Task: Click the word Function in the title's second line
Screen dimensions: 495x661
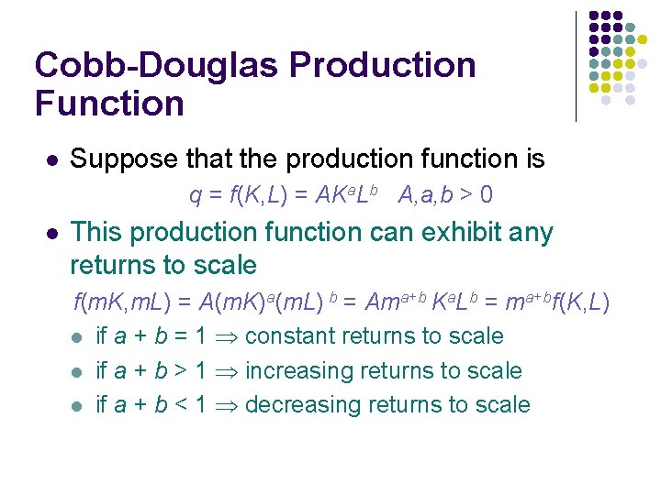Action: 109,103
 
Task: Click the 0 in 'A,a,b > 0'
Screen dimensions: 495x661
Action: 486,195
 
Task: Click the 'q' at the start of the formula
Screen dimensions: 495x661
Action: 195,196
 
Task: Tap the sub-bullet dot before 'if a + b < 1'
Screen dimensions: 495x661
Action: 78,406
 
